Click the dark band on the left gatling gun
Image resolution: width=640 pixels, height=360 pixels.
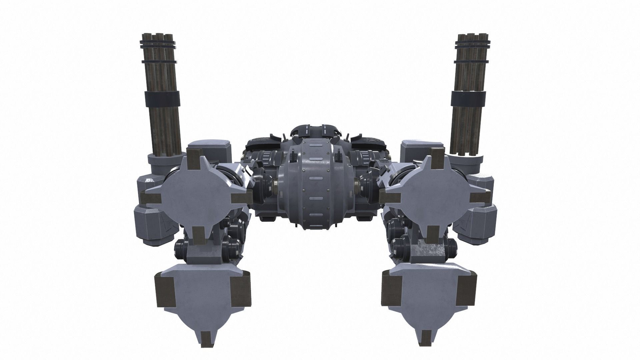tap(162, 98)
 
